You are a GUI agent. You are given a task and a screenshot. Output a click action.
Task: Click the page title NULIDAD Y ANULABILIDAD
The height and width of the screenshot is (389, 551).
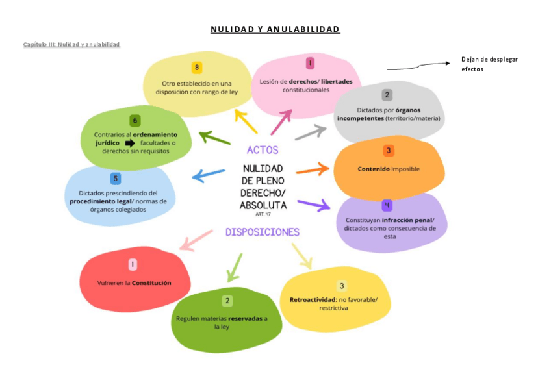pos(275,30)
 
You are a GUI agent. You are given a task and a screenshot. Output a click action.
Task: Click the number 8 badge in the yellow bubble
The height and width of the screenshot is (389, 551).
pos(197,68)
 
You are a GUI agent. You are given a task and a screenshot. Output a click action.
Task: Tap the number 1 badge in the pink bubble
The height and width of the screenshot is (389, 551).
pos(311,63)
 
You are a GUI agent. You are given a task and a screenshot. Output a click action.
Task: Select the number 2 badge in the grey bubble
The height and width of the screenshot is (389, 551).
pos(387,95)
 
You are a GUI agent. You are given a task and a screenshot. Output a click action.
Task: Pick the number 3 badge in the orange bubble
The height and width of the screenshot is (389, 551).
pos(388,151)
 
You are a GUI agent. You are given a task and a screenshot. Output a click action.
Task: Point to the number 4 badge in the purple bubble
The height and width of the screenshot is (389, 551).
pos(388,205)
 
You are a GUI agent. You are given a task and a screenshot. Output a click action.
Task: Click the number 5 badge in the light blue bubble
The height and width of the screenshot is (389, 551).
pos(116,179)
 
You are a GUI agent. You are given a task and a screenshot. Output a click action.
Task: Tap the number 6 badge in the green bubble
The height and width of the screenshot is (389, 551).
pos(135,120)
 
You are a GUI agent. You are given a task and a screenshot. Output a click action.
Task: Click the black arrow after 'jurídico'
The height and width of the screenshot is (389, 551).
pos(130,143)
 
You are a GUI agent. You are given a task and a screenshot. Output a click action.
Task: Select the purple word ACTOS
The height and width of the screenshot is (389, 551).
pos(263,150)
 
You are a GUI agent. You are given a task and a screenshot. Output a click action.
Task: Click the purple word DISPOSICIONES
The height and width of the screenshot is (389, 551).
pos(263,232)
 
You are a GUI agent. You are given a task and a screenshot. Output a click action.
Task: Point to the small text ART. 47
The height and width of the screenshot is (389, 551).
pos(263,214)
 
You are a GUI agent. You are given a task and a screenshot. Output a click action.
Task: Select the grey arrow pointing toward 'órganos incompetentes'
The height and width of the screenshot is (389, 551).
pos(311,132)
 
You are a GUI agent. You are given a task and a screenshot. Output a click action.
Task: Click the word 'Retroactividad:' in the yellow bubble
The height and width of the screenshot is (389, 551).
pos(313,299)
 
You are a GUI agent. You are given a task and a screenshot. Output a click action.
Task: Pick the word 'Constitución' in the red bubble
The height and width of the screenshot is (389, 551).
pos(151,283)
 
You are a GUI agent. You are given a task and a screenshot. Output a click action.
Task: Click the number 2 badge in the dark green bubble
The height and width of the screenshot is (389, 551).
pos(227,301)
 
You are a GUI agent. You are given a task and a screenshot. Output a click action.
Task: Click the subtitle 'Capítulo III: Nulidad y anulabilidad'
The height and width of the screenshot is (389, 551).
pos(71,44)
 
